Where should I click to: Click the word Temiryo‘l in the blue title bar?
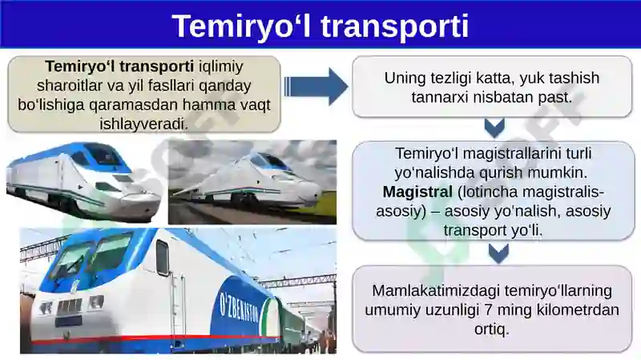tap(242, 26)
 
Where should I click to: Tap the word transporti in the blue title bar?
tap(394, 27)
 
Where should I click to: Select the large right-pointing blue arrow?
tap(316, 87)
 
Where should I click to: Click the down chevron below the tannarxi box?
tap(494, 128)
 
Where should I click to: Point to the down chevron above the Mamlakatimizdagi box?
tap(498, 253)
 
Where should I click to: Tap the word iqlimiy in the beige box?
tap(221, 67)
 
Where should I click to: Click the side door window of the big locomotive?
tap(163, 258)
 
